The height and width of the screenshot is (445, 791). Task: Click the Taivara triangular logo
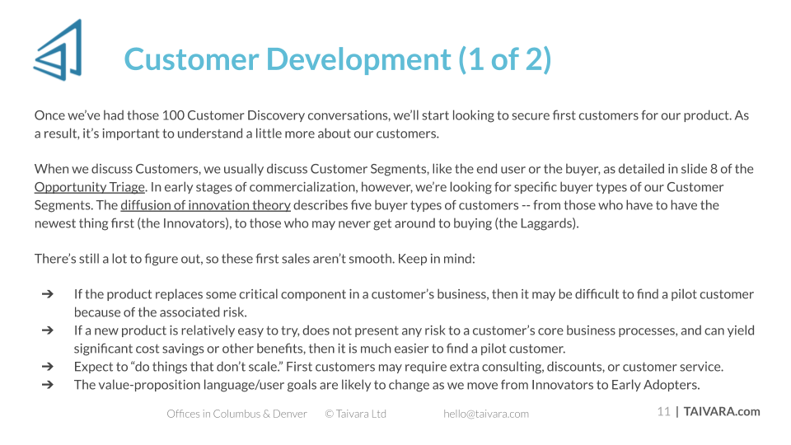tap(59, 50)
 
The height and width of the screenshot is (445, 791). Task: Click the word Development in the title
tap(358, 59)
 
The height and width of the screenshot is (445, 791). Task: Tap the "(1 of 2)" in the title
tap(505, 59)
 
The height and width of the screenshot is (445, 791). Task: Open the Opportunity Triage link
tap(90, 187)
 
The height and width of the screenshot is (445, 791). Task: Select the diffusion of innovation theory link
tap(205, 205)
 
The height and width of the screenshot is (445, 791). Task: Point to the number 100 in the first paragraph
tap(173, 115)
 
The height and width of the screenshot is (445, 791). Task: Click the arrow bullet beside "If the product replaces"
tap(48, 293)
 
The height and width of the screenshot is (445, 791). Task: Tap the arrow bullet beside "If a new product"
tap(48, 330)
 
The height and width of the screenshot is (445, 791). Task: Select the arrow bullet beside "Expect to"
tap(48, 366)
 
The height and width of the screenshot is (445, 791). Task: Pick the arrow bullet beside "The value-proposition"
tap(48, 385)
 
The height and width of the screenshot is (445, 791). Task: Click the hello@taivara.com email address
tap(486, 414)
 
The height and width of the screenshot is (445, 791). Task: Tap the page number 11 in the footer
tap(663, 412)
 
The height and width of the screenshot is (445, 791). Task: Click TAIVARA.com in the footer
tap(722, 412)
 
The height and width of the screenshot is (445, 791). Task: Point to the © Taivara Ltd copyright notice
tap(356, 414)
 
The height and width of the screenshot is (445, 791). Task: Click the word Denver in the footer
tap(290, 414)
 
